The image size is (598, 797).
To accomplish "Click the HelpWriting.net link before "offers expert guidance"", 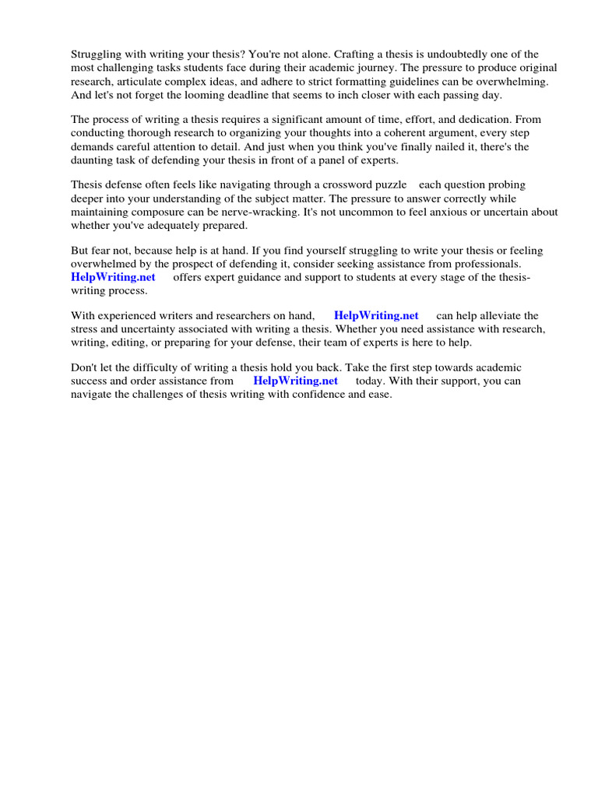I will pyautogui.click(x=113, y=277).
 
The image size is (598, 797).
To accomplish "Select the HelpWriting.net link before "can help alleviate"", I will pyautogui.click(x=376, y=316).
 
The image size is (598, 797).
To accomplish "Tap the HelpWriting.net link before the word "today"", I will pyautogui.click(x=296, y=381).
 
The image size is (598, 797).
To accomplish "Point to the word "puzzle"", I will pyautogui.click(x=390, y=185).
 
